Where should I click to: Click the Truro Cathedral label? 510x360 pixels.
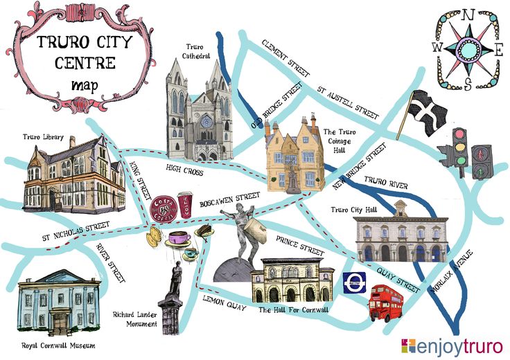196,51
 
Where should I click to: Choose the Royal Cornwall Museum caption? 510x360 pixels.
58,345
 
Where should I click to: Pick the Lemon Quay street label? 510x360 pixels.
224,305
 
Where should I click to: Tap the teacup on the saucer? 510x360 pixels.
179,240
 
